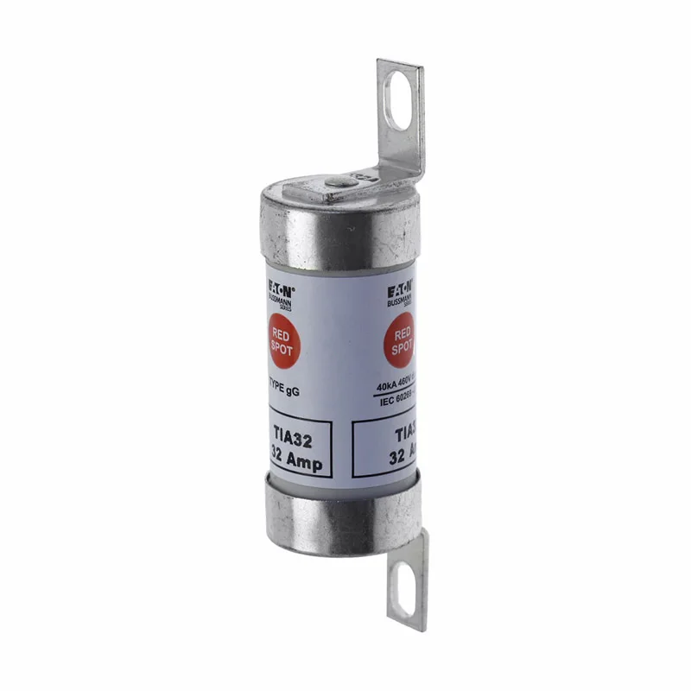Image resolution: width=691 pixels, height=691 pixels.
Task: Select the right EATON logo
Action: coord(399,284)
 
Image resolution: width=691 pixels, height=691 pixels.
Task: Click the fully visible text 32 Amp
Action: coord(296,462)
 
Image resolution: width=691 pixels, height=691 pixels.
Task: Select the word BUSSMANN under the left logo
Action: coord(280,301)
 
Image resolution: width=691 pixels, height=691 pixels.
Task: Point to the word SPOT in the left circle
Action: coord(282,350)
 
